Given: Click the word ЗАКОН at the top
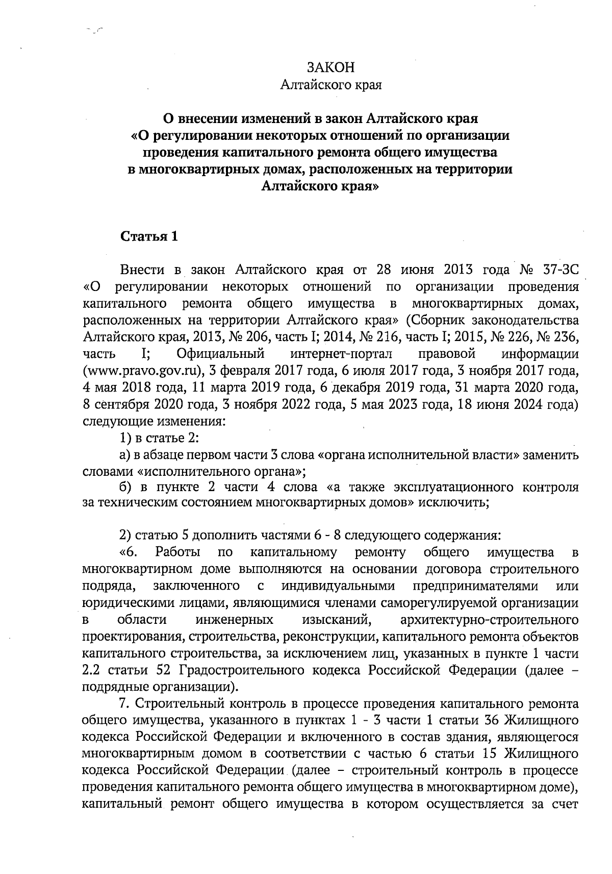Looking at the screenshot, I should (330, 68).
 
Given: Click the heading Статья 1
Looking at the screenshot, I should (149, 237).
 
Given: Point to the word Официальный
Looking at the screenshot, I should (220, 354).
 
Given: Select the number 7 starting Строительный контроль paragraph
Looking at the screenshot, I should (122, 705).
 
